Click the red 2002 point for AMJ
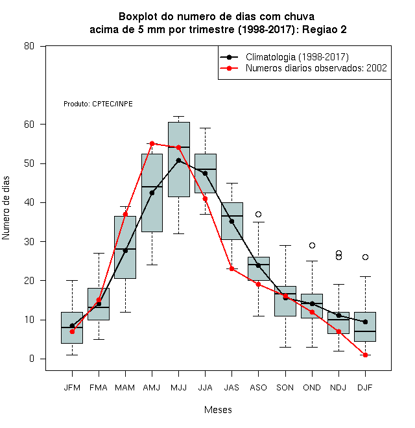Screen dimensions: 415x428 pyautogui.click(x=152, y=143)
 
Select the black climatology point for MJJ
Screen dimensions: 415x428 pyautogui.click(x=178, y=161)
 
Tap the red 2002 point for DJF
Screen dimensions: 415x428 pyautogui.click(x=365, y=355)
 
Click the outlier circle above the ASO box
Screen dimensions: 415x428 pyautogui.click(x=258, y=214)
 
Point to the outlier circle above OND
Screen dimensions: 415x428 pyautogui.click(x=312, y=245)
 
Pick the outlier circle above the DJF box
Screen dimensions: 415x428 pyautogui.click(x=365, y=257)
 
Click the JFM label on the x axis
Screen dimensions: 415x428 pyautogui.click(x=72, y=388)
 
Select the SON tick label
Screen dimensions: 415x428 pyautogui.click(x=285, y=388)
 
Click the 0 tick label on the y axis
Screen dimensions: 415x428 pyautogui.click(x=32, y=359)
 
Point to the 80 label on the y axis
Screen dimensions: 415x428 pyautogui.click(x=29, y=46)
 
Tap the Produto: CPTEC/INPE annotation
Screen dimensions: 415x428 pyautogui.click(x=98, y=104)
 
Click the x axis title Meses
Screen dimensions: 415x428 pyautogui.click(x=218, y=410)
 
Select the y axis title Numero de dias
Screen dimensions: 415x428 pyautogui.click(x=6, y=208)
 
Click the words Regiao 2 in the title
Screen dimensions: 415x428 pyautogui.click(x=324, y=29)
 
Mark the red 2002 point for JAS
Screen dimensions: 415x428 pyautogui.click(x=231, y=269)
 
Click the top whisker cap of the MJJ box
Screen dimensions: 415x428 pyautogui.click(x=178, y=117)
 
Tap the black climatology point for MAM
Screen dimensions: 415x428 pyautogui.click(x=125, y=250)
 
